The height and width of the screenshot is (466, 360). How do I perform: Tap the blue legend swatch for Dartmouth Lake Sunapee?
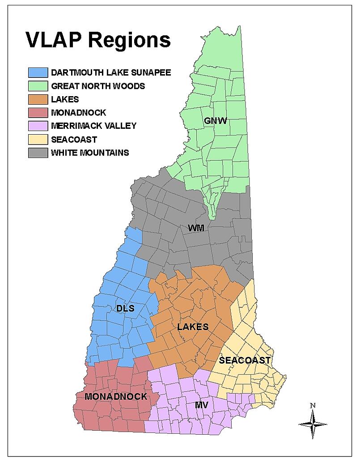click(38, 72)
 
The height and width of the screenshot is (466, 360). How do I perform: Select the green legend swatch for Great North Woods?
click(38, 86)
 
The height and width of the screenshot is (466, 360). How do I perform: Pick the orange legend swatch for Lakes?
click(38, 99)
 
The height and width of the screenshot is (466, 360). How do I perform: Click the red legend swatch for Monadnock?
click(38, 113)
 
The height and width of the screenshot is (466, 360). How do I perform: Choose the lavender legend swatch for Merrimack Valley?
click(38, 126)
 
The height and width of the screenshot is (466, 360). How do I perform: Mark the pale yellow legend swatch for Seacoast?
click(38, 140)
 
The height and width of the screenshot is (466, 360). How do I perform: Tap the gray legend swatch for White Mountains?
click(38, 153)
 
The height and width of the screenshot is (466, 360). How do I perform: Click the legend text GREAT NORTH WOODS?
click(98, 86)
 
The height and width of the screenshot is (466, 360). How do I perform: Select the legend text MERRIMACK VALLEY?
click(93, 126)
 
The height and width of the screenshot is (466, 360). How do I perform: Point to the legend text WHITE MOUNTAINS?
click(90, 153)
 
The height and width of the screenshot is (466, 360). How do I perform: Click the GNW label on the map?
click(216, 121)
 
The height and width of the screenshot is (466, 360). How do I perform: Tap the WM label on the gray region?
click(196, 229)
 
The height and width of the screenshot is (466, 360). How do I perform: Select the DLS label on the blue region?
click(126, 308)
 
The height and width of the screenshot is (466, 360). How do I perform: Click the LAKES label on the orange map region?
click(193, 327)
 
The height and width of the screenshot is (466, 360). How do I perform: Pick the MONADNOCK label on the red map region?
click(116, 396)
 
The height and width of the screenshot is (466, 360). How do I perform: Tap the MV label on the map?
click(202, 405)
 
